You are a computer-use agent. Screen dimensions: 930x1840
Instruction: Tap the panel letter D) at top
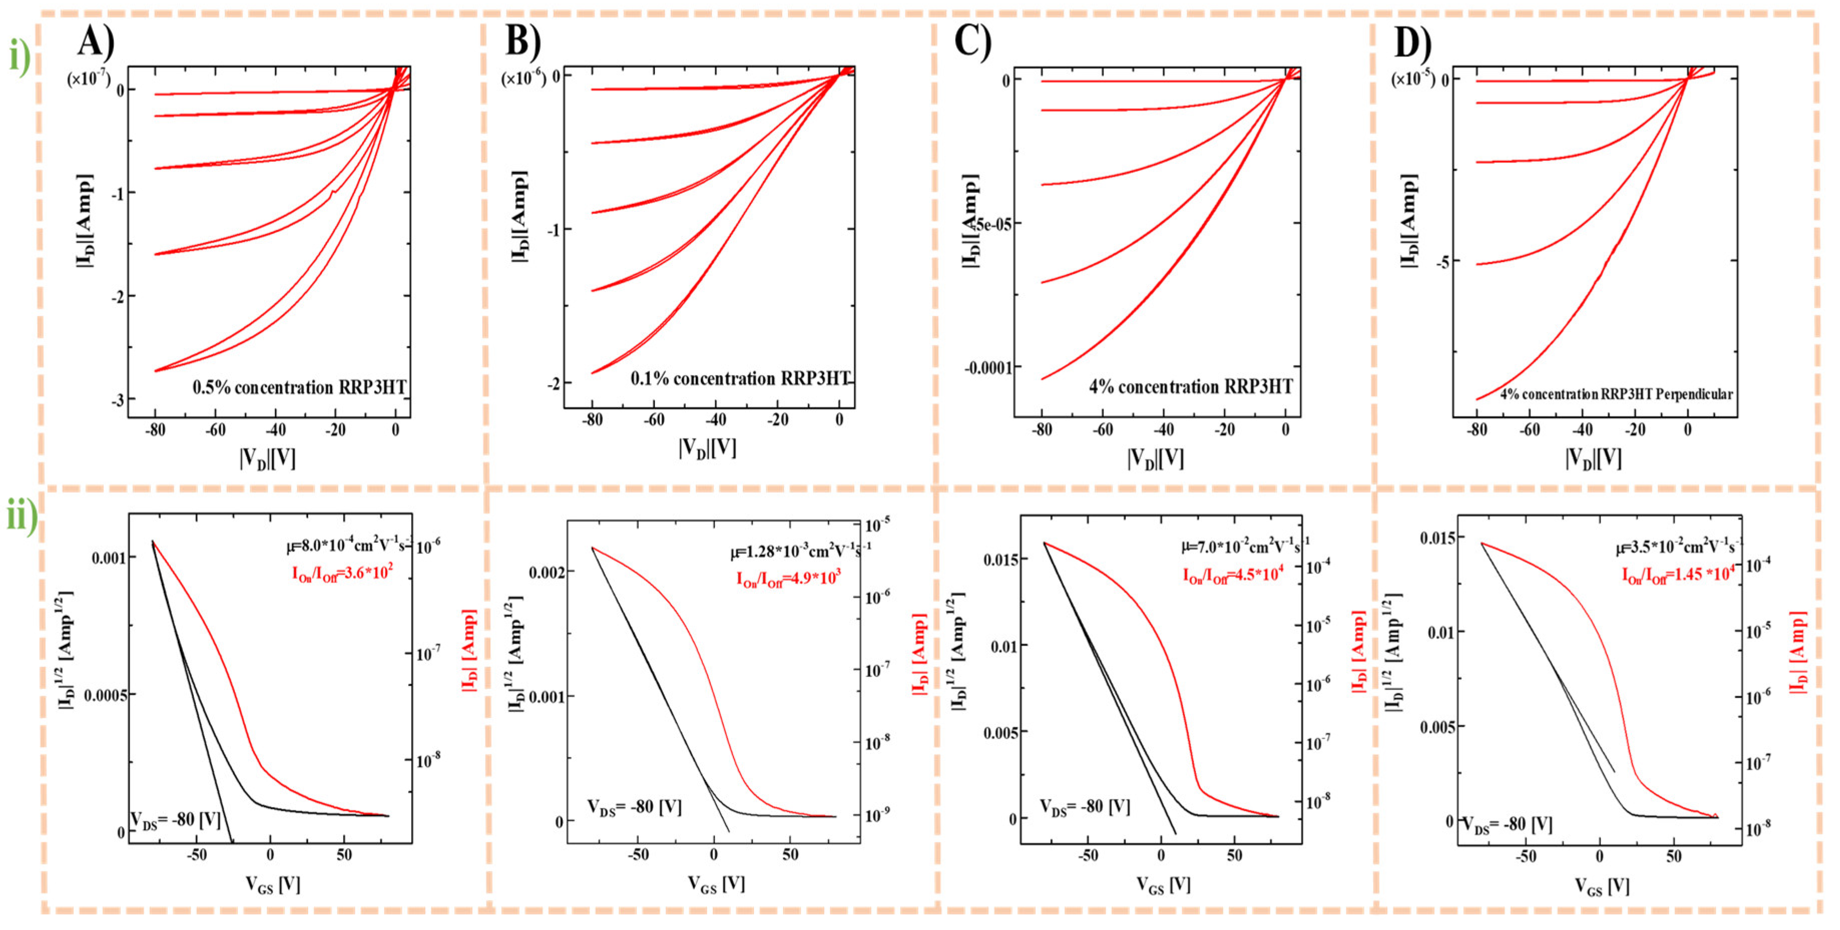(x=1412, y=43)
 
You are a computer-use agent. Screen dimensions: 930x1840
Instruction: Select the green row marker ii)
(x=22, y=516)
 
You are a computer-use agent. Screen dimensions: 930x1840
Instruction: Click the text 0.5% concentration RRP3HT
(x=299, y=388)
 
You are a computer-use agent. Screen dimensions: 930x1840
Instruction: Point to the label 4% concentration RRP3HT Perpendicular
(x=1616, y=394)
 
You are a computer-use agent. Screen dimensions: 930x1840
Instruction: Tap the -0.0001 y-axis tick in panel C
(x=988, y=368)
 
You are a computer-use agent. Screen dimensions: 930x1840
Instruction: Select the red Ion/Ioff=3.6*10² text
(x=342, y=573)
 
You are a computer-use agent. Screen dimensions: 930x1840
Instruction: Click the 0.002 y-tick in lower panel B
(x=547, y=573)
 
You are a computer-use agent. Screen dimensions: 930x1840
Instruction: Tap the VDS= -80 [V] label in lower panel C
(x=1084, y=808)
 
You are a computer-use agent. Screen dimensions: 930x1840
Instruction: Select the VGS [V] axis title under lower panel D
(x=1602, y=886)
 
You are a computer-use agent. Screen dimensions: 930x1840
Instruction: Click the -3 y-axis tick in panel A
(x=118, y=399)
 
